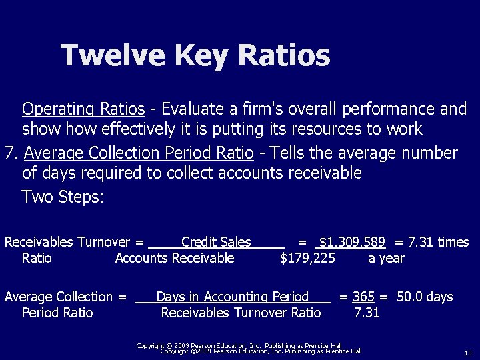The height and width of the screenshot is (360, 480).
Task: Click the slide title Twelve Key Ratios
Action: (x=195, y=55)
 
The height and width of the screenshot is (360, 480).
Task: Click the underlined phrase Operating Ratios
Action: (x=83, y=109)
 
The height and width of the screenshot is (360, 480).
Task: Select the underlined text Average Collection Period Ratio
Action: (x=139, y=154)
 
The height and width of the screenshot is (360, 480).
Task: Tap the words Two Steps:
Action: (x=63, y=197)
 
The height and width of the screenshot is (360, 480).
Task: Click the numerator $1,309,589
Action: (x=352, y=243)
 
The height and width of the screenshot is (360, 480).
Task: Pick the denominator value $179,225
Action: (x=308, y=258)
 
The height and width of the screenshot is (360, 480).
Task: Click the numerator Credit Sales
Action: (x=216, y=243)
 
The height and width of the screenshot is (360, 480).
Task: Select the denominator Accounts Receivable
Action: (x=175, y=258)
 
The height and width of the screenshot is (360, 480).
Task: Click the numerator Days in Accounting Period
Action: (x=232, y=297)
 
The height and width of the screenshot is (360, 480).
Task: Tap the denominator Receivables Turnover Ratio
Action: (x=241, y=313)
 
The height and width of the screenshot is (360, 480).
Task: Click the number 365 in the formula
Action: (x=363, y=297)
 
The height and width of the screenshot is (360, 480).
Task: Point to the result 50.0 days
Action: (x=425, y=297)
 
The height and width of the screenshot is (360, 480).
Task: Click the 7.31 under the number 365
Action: (x=367, y=313)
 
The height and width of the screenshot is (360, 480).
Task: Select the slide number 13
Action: (x=467, y=353)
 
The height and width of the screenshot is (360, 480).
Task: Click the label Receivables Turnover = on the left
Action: (x=74, y=243)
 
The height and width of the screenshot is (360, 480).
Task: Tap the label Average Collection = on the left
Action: (x=65, y=297)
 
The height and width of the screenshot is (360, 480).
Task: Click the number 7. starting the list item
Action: (x=10, y=154)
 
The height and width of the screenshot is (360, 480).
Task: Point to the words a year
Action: (x=386, y=258)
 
